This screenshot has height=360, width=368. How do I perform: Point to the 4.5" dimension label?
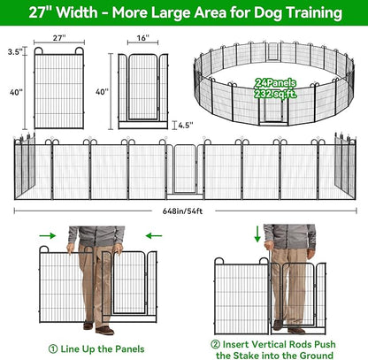click(x=185, y=125)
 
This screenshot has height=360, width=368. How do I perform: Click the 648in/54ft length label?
click(x=183, y=210)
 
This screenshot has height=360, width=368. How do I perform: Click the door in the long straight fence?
click(x=183, y=170)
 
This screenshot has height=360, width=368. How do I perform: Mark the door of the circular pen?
click(x=271, y=111)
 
